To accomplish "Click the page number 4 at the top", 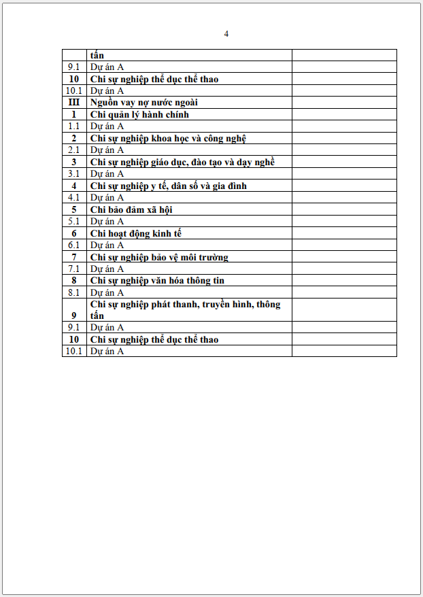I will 226,34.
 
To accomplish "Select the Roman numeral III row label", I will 74,103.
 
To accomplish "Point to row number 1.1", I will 74,126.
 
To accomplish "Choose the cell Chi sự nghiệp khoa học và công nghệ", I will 168,139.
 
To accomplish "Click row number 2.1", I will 74,150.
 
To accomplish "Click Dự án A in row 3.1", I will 107,174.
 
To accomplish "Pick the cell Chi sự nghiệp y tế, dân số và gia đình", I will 169,186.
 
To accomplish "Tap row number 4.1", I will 74,198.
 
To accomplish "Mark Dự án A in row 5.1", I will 107,222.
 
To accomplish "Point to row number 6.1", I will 74,245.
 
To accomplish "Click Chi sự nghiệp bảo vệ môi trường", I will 159,257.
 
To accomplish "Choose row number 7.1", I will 74,269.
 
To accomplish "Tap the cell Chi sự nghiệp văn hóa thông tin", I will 157,280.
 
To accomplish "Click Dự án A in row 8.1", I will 107,293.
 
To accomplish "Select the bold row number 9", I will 74,315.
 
